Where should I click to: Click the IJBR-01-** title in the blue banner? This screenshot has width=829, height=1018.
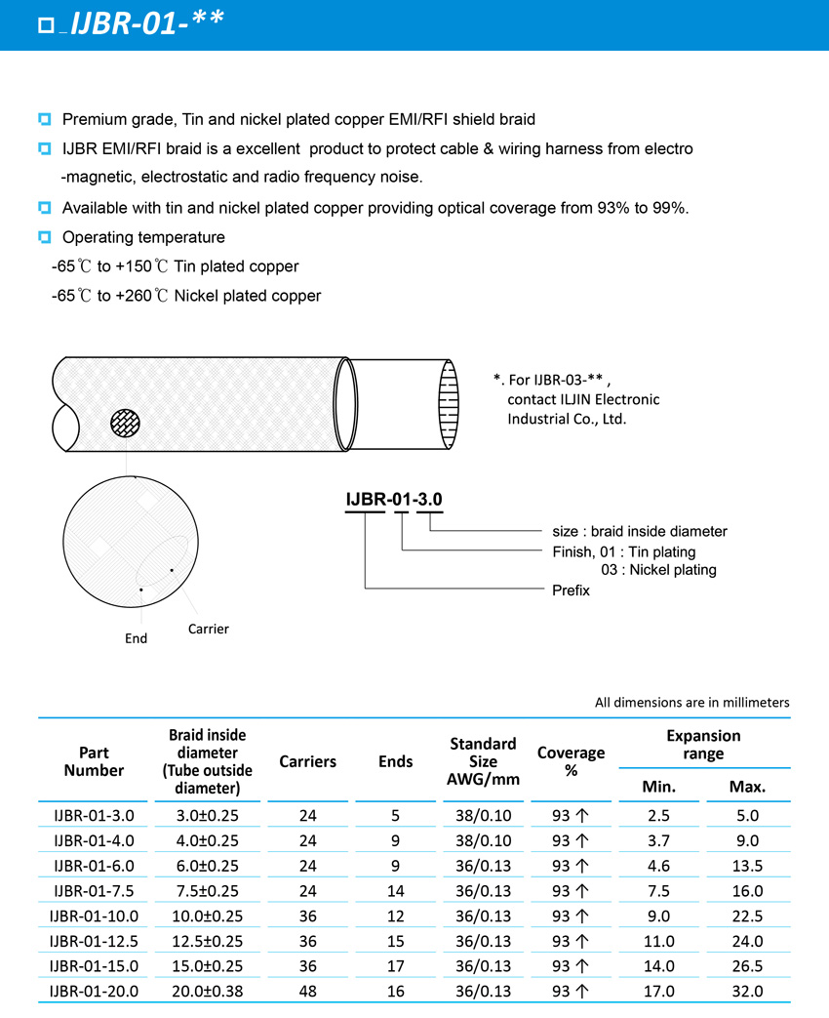point(147,24)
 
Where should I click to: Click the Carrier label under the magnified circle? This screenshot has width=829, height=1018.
point(209,630)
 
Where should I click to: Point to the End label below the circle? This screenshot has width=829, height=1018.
point(137,638)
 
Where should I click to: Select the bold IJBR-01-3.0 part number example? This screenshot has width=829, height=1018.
point(394,500)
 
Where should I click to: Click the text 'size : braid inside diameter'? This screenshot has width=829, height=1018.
point(634,532)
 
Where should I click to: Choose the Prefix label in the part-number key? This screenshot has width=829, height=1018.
point(571,590)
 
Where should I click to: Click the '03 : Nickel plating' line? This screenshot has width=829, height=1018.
point(658,570)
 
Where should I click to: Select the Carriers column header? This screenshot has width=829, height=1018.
point(307,761)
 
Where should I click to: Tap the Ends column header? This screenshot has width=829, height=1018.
point(395,761)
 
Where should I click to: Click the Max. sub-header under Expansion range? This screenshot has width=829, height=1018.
point(747,787)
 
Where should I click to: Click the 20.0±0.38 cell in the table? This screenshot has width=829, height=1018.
point(206,992)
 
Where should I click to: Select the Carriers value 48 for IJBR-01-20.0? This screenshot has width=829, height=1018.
point(307,992)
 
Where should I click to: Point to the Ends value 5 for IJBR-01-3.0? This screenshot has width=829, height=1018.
point(395,815)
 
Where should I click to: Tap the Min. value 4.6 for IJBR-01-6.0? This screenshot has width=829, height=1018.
point(659,866)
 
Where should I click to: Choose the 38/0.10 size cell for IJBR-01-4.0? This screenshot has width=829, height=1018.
point(483,840)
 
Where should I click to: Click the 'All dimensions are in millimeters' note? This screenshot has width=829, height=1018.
point(691,703)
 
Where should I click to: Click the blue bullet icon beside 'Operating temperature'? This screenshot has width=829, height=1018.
point(44,237)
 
